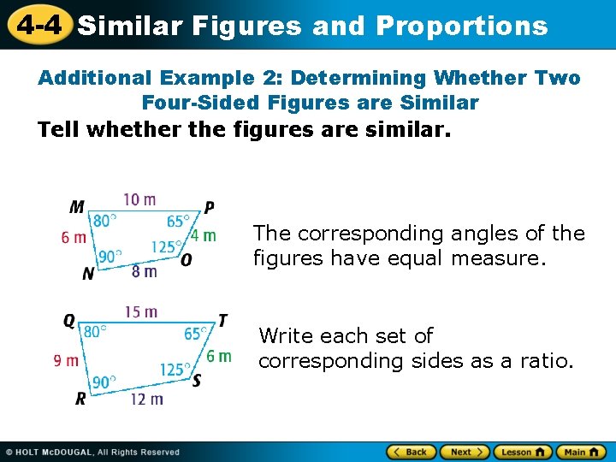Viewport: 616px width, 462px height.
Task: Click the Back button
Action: tap(412, 452)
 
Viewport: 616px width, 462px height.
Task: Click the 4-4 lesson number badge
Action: tap(38, 25)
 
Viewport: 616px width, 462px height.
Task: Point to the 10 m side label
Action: tap(139, 200)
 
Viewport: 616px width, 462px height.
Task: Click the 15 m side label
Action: tap(141, 311)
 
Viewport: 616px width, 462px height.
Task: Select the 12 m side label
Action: tap(146, 400)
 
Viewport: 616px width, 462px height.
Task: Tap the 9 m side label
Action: tap(66, 361)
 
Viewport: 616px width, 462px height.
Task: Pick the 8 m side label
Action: tap(144, 272)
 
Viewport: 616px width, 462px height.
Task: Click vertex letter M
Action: tap(77, 207)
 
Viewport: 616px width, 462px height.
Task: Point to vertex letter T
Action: tap(222, 321)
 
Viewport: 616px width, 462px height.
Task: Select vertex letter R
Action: tap(80, 399)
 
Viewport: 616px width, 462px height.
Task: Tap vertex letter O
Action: tap(187, 259)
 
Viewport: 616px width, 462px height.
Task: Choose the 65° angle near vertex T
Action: tap(196, 334)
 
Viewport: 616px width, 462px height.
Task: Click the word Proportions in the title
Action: tap(461, 26)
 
